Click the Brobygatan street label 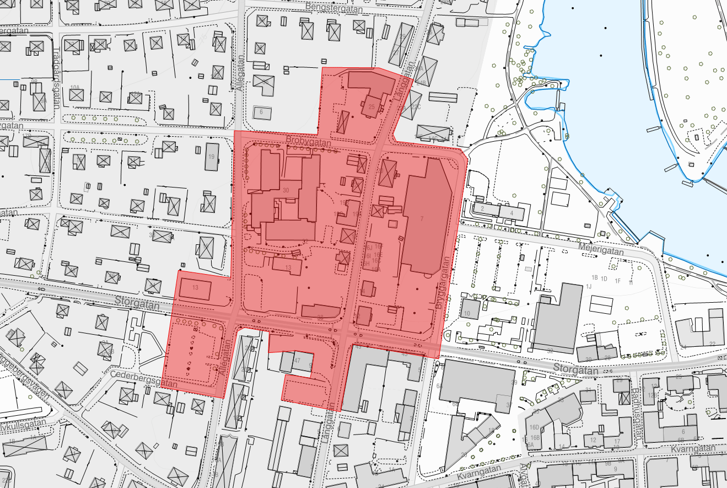(x=308, y=142)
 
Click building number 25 (x=371, y=107)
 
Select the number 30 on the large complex (x=286, y=190)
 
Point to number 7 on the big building (x=422, y=219)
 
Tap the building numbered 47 (x=297, y=360)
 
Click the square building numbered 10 (x=467, y=313)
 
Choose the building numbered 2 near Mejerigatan (x=482, y=209)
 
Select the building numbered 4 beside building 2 (x=511, y=212)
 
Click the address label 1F (x=617, y=281)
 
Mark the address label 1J (x=589, y=286)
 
